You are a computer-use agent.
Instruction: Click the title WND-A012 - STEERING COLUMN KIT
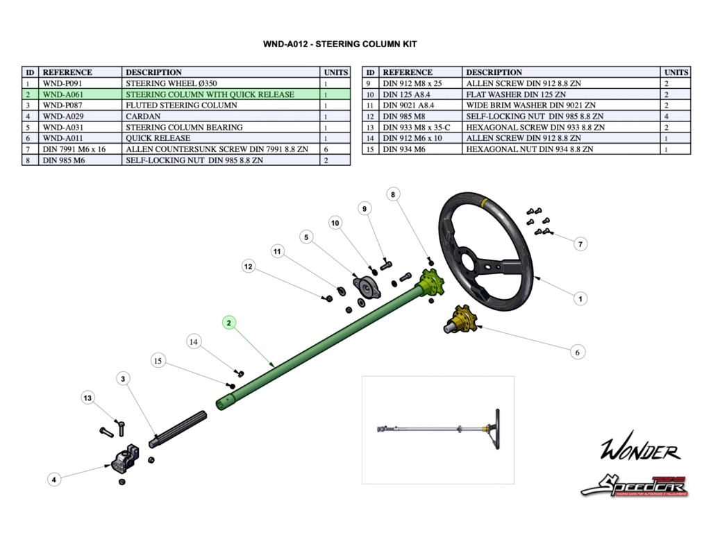pyautogui.click(x=340, y=44)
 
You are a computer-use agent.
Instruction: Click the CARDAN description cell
pyautogui.click(x=221, y=117)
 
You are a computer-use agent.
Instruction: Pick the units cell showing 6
pyautogui.click(x=335, y=149)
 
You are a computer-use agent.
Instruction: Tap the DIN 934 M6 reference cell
pyautogui.click(x=421, y=149)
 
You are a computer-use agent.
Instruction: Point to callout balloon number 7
pyautogui.click(x=581, y=244)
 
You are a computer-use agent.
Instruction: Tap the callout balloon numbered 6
pyautogui.click(x=577, y=353)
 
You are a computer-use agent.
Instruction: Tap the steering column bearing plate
pyautogui.click(x=367, y=288)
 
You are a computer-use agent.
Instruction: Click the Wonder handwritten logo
pyautogui.click(x=639, y=452)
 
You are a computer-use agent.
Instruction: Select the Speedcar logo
pyautogui.click(x=634, y=484)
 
